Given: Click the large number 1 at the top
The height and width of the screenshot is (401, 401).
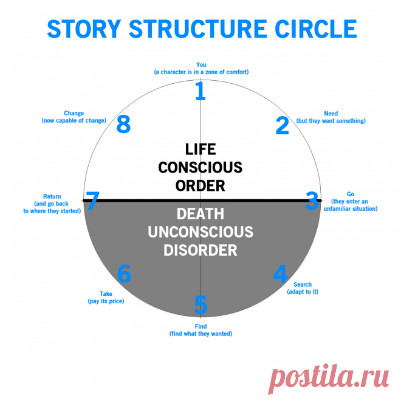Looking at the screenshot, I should pos(200,91).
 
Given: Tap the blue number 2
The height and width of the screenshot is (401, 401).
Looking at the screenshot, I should pos(283,125).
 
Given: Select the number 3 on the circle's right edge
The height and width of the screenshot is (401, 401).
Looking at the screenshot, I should pos(312,201).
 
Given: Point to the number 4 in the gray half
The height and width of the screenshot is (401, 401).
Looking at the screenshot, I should pos(280,274).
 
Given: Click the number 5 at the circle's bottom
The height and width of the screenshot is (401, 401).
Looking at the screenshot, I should pos(201,303).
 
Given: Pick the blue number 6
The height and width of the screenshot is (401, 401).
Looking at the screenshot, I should pos(124,274).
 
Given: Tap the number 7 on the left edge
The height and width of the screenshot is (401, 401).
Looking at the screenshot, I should pos(92,201).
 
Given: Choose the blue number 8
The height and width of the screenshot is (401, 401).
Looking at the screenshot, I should pos(123,125).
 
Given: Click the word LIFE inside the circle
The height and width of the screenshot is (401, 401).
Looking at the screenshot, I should pos(200,149).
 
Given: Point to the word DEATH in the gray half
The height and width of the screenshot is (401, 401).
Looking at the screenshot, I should pos(200,214).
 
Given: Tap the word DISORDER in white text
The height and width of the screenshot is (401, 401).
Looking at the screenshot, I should pos(200,250).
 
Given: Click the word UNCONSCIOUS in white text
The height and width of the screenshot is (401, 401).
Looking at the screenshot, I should pos(200,232).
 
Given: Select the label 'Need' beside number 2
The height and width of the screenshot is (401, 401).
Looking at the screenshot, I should pos(331,114).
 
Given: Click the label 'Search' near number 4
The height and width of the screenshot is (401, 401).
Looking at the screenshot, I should pos(303,284).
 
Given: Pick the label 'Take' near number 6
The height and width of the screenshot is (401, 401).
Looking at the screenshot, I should pos(106,294).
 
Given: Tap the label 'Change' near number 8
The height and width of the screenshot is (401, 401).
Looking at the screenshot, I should pos(74,113).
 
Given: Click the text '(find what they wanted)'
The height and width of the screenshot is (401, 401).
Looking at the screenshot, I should pos(200,334).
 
